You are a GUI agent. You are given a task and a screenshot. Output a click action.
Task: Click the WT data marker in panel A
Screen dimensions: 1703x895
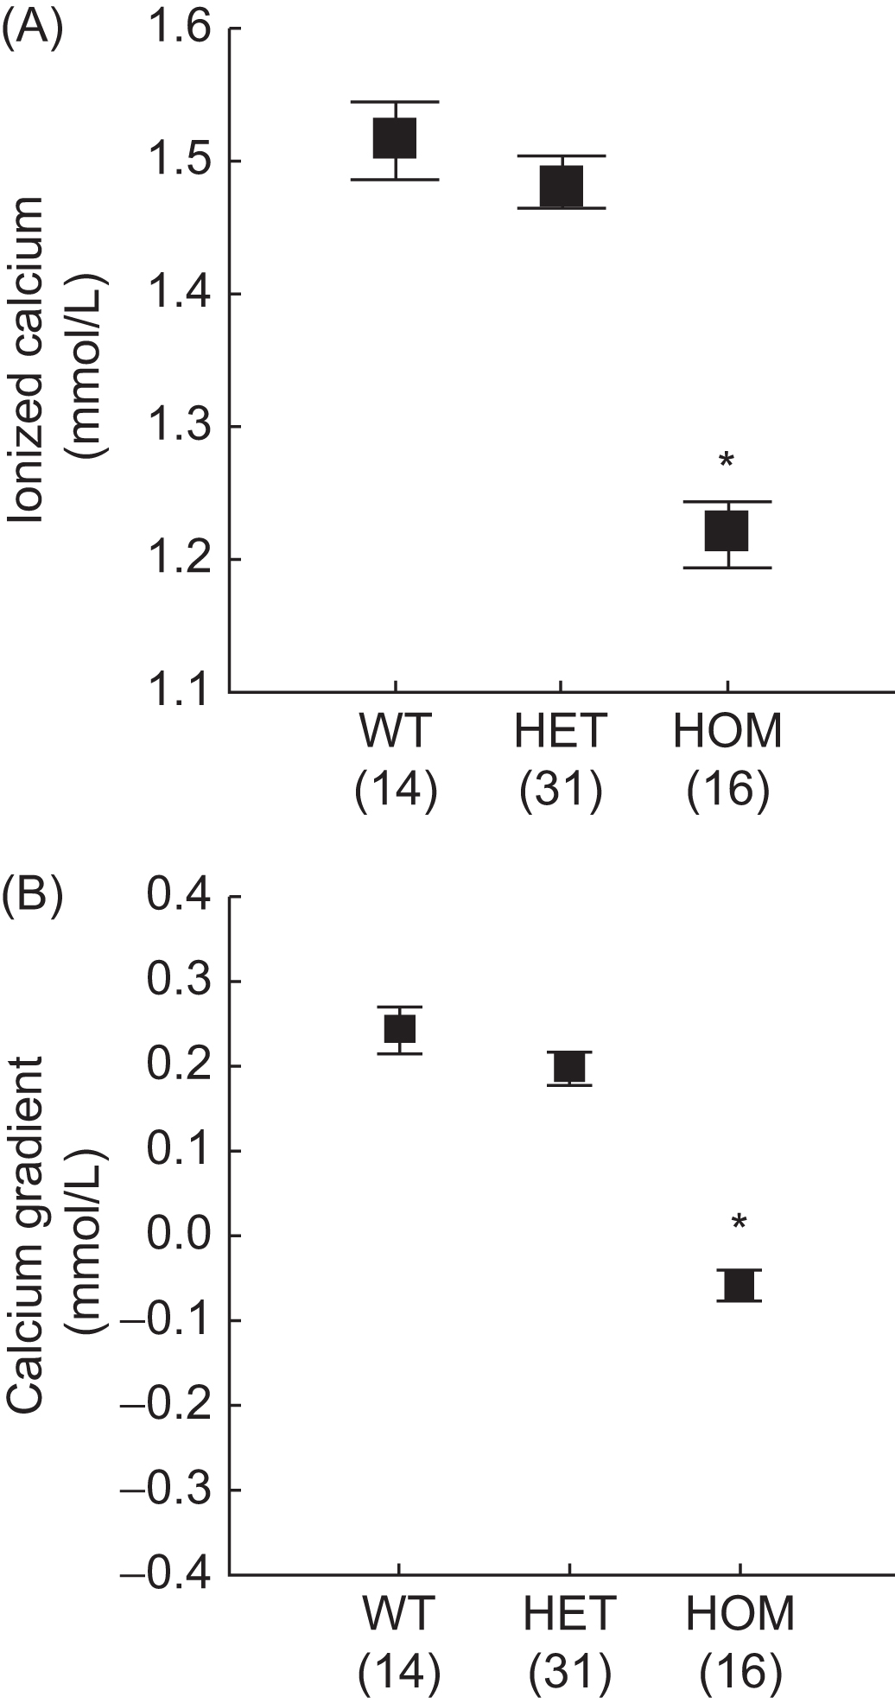395,138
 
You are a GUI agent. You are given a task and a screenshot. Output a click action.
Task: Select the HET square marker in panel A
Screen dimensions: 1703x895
562,186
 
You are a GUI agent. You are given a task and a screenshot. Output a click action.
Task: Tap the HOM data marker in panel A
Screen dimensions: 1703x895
727,531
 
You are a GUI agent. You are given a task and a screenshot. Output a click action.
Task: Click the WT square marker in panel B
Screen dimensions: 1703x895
399,1029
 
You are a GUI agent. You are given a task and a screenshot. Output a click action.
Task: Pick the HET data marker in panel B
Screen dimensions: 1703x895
569,1068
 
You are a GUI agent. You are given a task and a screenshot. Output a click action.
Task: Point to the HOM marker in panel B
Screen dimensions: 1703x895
739,1286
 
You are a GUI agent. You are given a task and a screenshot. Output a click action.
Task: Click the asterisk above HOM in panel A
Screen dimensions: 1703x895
727,461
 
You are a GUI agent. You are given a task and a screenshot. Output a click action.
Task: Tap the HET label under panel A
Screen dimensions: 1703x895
562,733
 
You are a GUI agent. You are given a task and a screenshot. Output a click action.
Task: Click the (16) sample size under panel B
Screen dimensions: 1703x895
740,1671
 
